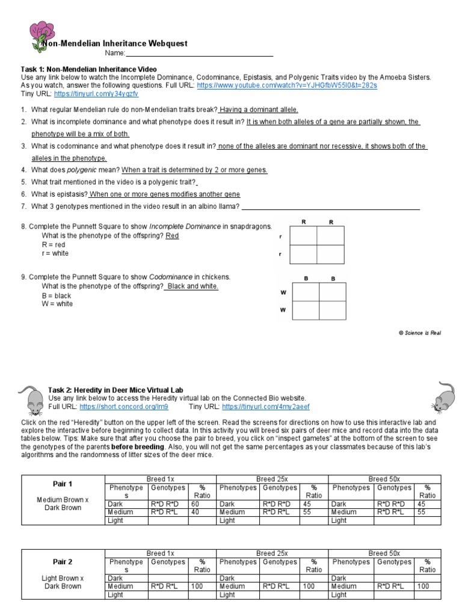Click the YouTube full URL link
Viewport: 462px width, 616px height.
coord(287,86)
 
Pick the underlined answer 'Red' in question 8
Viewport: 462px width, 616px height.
coord(172,236)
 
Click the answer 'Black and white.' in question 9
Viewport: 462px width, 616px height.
coord(192,286)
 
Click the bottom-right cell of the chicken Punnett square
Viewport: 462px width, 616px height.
coord(333,310)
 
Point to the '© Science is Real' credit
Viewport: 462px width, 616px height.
coord(419,333)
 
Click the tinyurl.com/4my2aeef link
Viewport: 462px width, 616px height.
coord(278,407)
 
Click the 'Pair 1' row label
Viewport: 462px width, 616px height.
coord(63,484)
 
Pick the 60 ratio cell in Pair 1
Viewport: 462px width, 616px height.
coord(195,504)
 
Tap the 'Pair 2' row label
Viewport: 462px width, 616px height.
coord(63,562)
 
